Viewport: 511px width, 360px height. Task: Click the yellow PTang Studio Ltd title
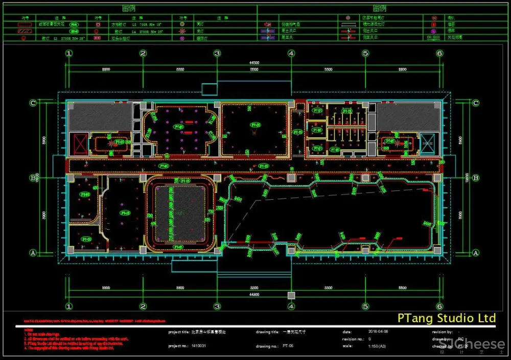click(446, 319)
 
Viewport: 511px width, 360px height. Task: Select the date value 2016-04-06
click(379, 332)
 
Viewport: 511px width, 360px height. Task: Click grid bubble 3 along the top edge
click(217, 53)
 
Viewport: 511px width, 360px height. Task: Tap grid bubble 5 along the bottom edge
click(365, 306)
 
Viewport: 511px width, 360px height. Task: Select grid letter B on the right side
click(476, 178)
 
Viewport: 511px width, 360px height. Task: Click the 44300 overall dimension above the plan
click(254, 63)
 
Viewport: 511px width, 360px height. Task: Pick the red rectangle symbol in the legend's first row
click(21, 24)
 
